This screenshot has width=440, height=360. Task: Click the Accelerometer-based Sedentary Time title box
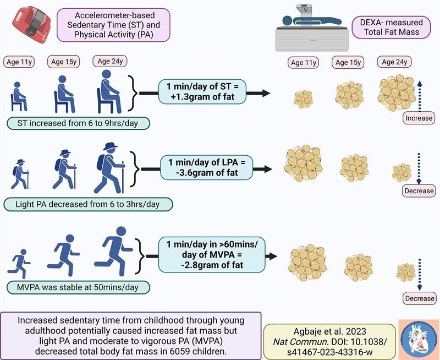tap(113, 24)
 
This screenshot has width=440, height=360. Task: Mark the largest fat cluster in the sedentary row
tap(396, 92)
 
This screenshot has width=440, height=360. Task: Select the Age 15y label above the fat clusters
tap(348, 62)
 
